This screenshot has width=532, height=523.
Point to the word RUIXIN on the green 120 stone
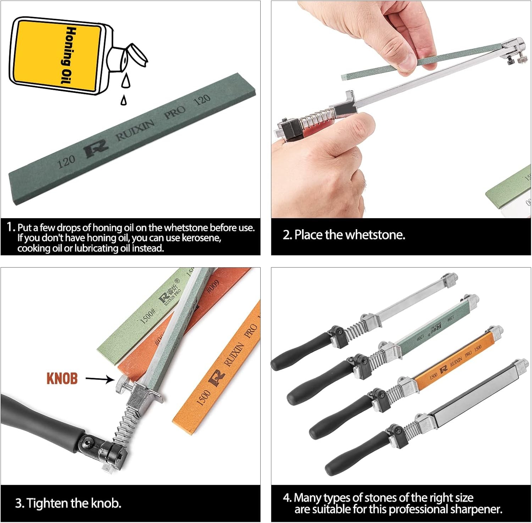pos(135,130)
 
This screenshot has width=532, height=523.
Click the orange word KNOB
pos(62,379)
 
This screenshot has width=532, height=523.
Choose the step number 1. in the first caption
pos(11,227)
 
